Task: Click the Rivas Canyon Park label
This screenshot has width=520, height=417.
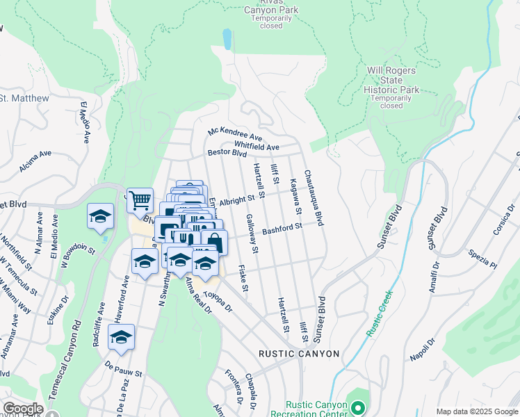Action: [x=271, y=10]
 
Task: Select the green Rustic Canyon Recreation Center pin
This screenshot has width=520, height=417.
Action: [x=358, y=409]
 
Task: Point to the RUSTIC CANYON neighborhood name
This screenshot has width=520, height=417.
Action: [x=299, y=354]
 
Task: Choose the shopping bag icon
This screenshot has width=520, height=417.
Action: [x=214, y=243]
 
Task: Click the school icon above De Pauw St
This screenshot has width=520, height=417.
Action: [x=122, y=337]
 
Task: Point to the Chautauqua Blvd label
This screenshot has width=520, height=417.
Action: [x=314, y=199]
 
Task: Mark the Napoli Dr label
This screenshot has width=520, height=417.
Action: [x=422, y=350]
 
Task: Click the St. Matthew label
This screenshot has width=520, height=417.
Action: [x=25, y=99]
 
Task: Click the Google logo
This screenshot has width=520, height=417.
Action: [x=22, y=409]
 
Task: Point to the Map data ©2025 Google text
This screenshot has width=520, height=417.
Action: [x=476, y=411]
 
